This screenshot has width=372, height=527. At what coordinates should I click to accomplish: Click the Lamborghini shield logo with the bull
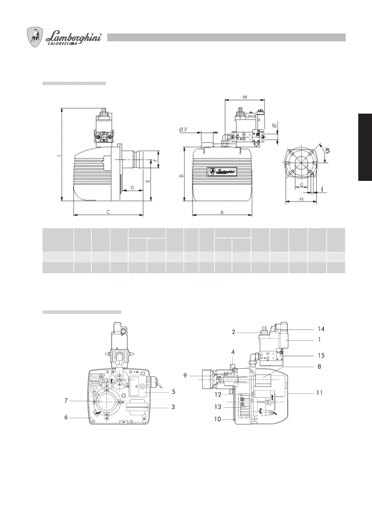tap(35, 37)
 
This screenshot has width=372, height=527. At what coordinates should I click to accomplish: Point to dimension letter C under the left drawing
tap(108, 212)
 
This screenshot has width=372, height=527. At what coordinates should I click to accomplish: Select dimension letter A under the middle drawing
tap(222, 212)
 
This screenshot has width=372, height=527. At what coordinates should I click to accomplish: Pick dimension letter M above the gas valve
tap(245, 97)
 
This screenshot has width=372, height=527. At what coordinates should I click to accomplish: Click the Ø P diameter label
tap(183, 130)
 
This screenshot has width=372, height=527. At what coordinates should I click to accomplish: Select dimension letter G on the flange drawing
tap(301, 185)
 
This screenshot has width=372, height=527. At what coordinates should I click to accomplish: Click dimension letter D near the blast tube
tap(132, 187)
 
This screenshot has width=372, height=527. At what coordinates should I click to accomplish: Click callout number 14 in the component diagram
tap(321, 329)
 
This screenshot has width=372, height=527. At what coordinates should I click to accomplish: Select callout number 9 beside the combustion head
tap(185, 376)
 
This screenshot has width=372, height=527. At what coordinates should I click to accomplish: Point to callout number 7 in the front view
tap(66, 401)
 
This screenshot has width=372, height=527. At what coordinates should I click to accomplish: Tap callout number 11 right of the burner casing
tap(319, 393)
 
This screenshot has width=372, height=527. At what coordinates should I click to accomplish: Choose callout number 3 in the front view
tap(173, 407)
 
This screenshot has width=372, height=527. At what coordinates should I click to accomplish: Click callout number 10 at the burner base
tap(218, 419)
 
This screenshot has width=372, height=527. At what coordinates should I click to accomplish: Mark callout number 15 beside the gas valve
tap(321, 356)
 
